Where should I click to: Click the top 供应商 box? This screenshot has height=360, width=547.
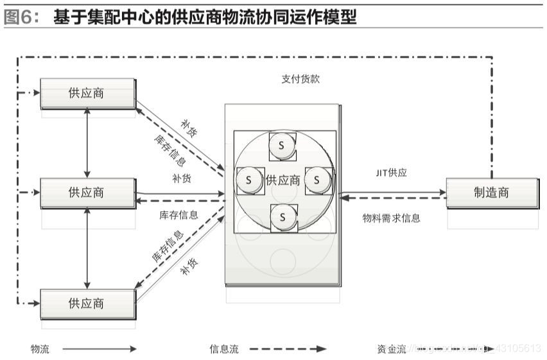click(x=87, y=94)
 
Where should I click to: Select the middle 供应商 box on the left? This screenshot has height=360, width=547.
click(x=87, y=193)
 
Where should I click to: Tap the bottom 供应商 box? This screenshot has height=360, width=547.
click(x=87, y=304)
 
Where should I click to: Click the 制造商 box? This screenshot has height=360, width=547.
click(x=492, y=193)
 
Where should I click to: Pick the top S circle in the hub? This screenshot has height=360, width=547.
click(x=281, y=146)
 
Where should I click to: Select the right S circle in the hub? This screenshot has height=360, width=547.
click(x=317, y=181)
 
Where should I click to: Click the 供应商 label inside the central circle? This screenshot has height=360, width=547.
click(x=283, y=181)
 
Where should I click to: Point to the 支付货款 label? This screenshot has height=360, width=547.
click(x=300, y=79)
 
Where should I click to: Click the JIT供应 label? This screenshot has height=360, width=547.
click(x=392, y=173)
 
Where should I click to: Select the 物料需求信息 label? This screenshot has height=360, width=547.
click(x=392, y=218)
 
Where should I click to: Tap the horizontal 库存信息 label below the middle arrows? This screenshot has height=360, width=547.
click(x=178, y=215)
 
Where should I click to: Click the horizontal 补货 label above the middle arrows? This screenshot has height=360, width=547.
click(x=181, y=178)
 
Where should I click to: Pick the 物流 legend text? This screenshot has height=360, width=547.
click(x=40, y=349)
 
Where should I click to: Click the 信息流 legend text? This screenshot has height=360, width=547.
click(x=224, y=349)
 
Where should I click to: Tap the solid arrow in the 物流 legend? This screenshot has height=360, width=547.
click(x=100, y=349)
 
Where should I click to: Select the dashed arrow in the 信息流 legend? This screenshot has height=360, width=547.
click(x=288, y=349)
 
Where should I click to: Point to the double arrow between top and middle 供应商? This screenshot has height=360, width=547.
click(x=87, y=143)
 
